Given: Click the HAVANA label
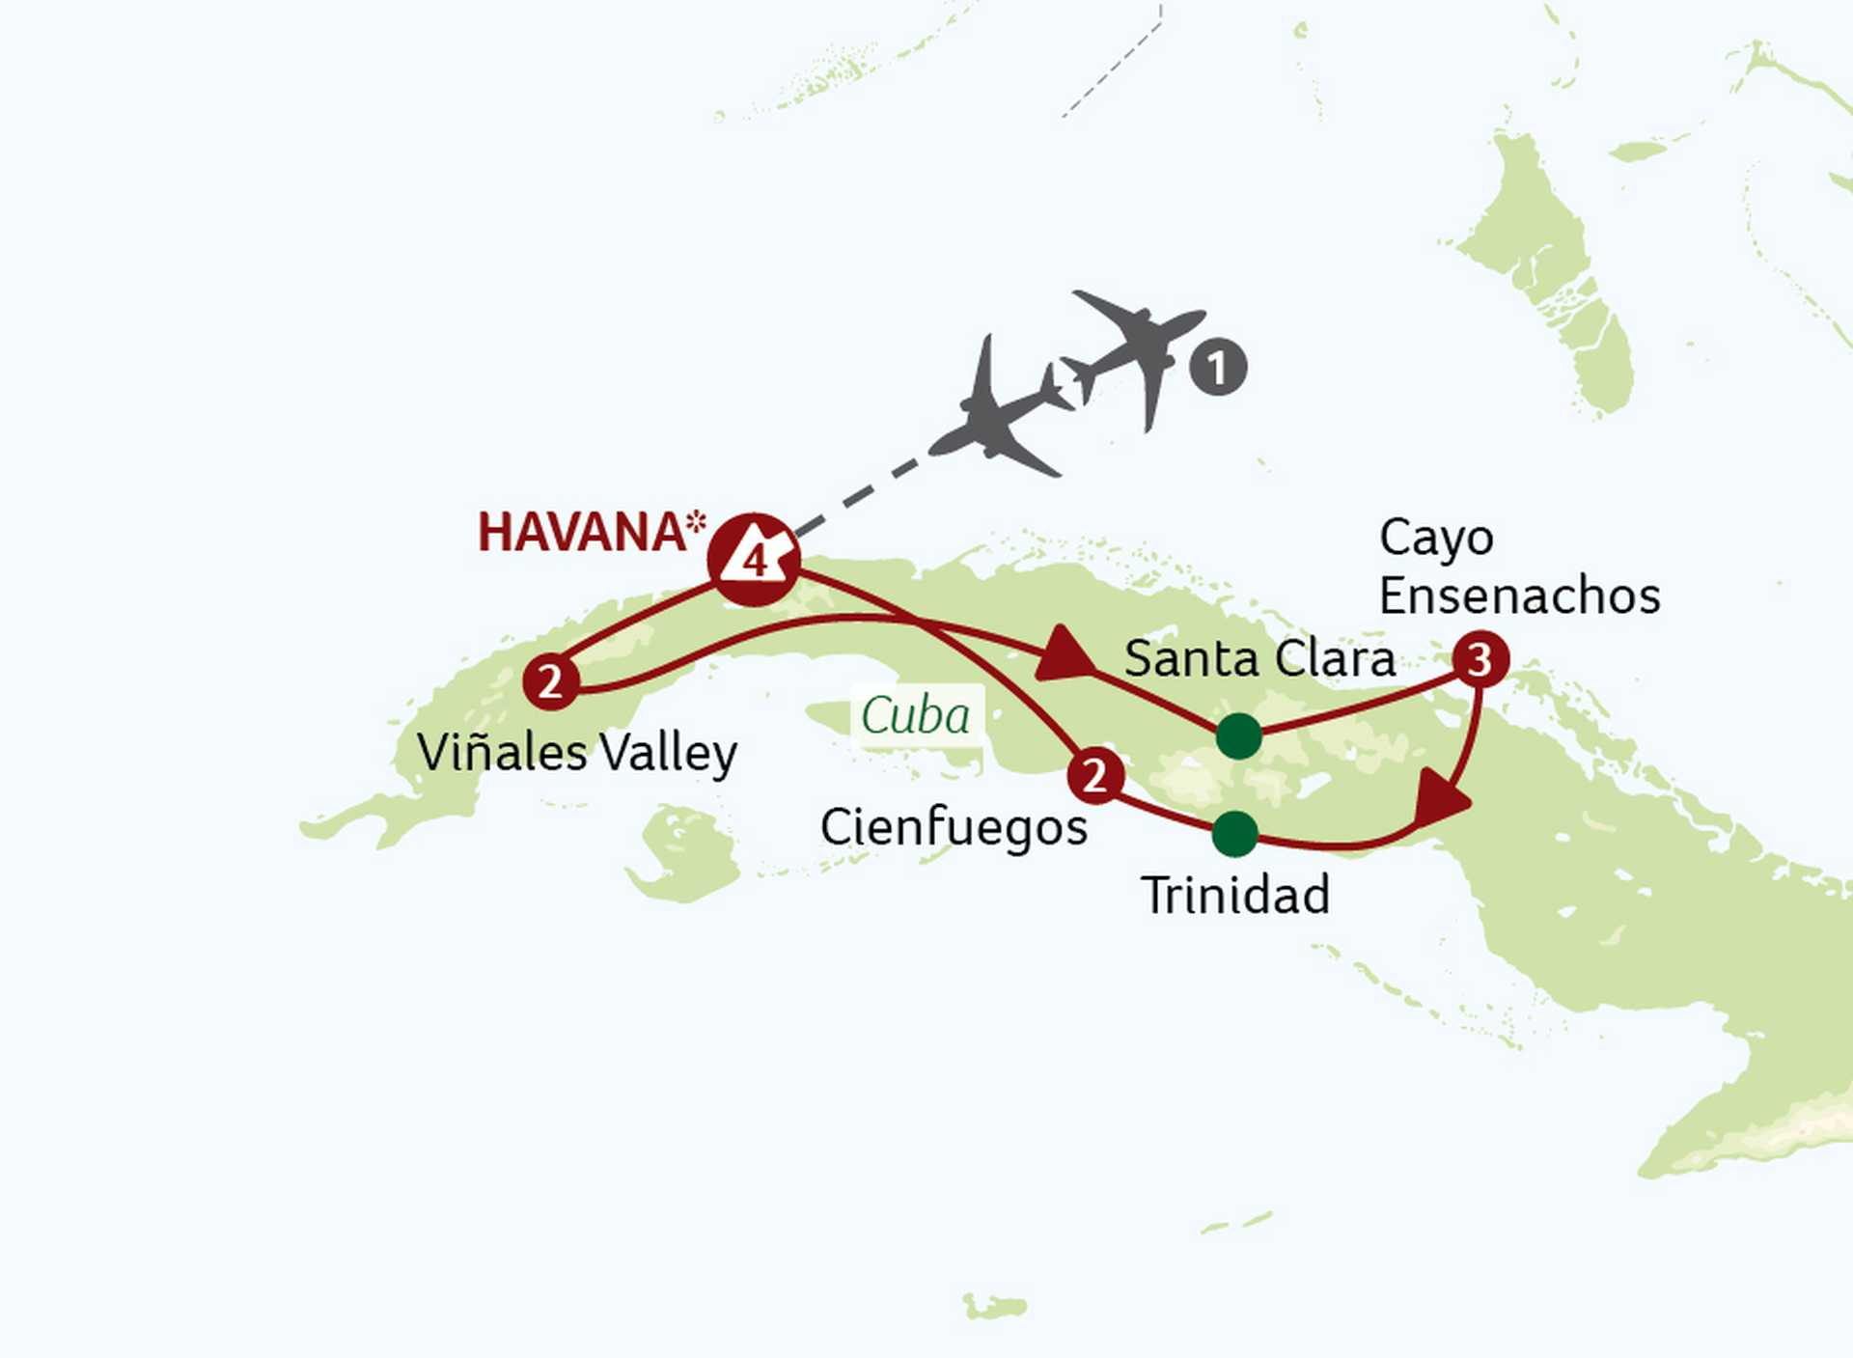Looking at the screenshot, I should (582, 533).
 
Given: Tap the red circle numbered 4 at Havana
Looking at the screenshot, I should (754, 560).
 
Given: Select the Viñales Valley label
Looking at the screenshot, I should (577, 753).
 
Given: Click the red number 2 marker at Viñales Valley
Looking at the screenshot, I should (550, 682).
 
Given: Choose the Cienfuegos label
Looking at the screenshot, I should (954, 828).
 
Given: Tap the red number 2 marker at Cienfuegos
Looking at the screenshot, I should (1094, 775).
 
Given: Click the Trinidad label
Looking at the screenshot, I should (1235, 896).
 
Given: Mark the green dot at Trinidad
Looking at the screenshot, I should (1235, 834).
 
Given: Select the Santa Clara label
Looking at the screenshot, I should (1259, 660).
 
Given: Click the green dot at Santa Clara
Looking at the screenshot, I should (1238, 736).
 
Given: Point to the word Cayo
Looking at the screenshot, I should (1436, 539).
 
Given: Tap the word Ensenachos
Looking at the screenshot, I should (1519, 596).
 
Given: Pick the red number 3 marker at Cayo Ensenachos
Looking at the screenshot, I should (1480, 659).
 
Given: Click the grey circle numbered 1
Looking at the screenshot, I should (1218, 367).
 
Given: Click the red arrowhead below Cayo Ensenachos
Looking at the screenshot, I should (1440, 800).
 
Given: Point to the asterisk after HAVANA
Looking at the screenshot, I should (697, 523).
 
